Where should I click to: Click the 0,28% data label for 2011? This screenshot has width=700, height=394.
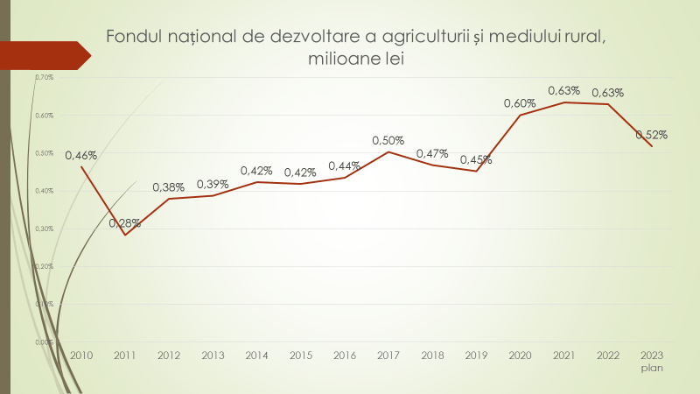[x=125, y=223]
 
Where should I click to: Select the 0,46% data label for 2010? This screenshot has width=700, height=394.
[x=81, y=156]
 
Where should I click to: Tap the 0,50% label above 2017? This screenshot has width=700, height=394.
[x=388, y=140]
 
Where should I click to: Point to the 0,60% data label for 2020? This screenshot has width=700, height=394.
[x=520, y=103]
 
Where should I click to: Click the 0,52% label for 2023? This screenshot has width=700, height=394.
[x=652, y=135]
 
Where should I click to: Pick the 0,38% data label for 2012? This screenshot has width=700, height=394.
[x=169, y=187]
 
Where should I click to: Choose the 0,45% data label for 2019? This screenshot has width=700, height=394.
[x=476, y=159]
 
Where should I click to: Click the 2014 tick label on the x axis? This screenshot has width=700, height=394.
[x=257, y=356]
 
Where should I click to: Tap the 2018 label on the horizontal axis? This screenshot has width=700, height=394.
[x=432, y=356]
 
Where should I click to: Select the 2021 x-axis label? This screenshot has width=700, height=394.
[x=563, y=356]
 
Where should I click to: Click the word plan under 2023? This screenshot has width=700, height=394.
[x=652, y=369]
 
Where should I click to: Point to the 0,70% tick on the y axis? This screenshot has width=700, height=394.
[x=45, y=77]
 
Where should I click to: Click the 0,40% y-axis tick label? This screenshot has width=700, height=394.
[x=45, y=191]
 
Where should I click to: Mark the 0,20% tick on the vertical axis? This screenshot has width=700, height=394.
[x=45, y=266]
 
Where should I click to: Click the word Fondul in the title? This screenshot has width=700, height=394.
[x=132, y=37]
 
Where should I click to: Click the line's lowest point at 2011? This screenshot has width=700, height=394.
[x=125, y=235]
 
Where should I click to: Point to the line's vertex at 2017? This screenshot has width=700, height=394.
[x=388, y=151]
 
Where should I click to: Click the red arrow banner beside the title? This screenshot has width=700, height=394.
[x=44, y=55]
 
